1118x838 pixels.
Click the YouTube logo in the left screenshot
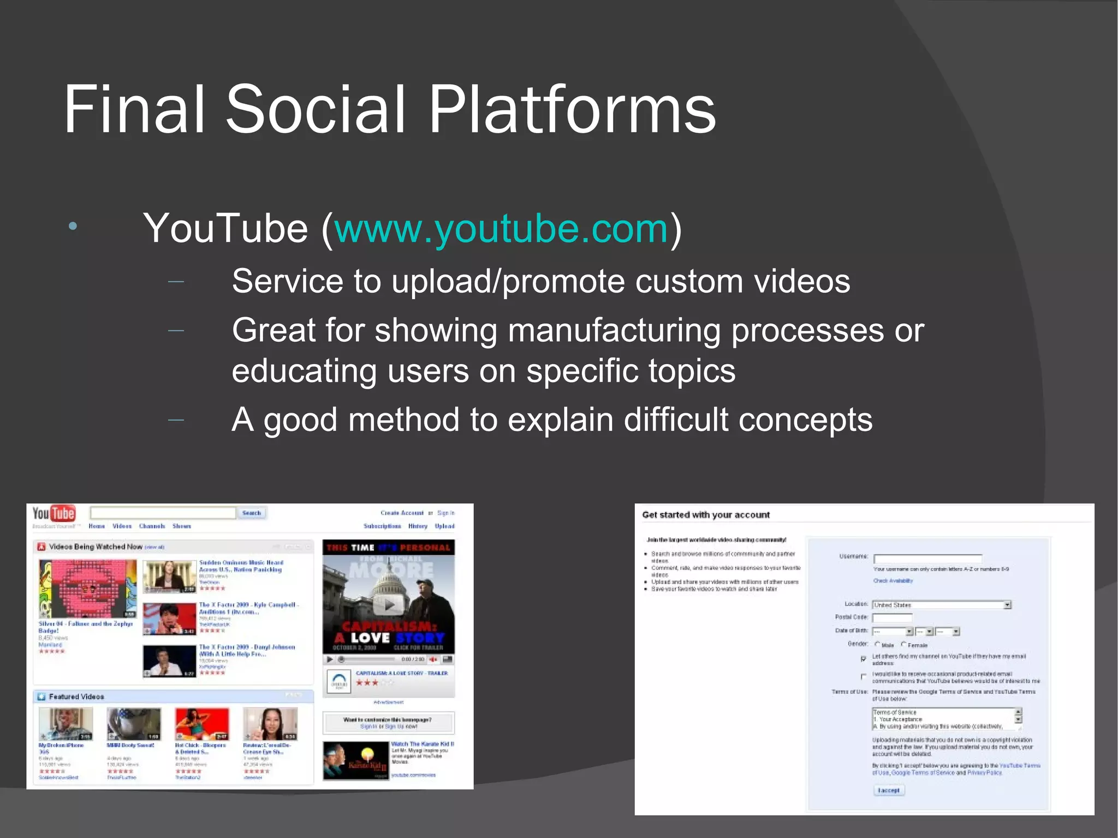click(x=53, y=514)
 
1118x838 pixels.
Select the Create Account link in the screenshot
click(x=402, y=513)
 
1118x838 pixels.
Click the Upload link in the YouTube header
click(x=444, y=526)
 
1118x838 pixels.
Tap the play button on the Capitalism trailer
click(x=389, y=605)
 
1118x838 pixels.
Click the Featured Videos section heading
click(x=76, y=697)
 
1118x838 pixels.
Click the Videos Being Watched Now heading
click(x=96, y=546)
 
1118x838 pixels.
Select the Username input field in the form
click(x=927, y=558)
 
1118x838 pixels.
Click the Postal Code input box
click(x=892, y=617)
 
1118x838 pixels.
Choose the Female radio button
click(x=903, y=644)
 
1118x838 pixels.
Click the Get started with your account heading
click(x=705, y=515)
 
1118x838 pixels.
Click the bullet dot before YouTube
click(x=73, y=226)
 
